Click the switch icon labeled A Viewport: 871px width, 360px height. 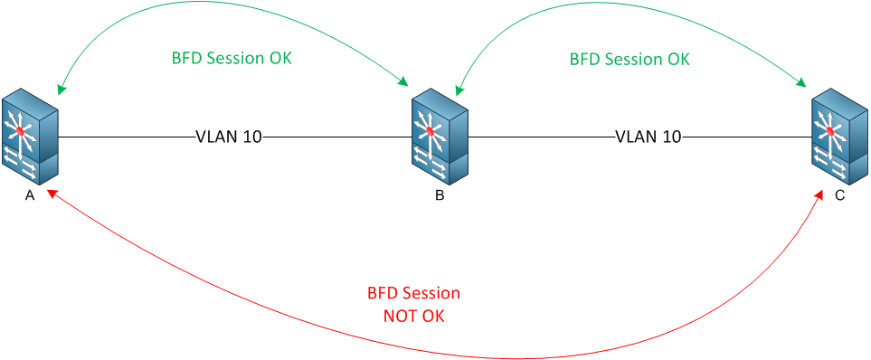click(x=30, y=137)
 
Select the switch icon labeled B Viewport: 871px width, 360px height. click(x=440, y=137)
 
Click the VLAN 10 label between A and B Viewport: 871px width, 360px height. click(x=229, y=137)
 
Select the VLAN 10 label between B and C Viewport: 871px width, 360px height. click(x=649, y=137)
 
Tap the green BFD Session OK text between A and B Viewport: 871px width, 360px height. click(x=232, y=57)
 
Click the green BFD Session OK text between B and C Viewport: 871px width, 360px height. click(x=630, y=59)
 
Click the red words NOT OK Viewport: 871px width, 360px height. click(x=413, y=317)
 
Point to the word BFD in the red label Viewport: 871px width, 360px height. click(x=382, y=294)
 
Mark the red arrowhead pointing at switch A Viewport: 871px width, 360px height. click(x=52, y=194)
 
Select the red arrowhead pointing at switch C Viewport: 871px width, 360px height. click(x=820, y=194)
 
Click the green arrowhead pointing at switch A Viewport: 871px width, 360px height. click(x=61, y=90)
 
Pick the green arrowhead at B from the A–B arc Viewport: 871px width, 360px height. click(x=404, y=85)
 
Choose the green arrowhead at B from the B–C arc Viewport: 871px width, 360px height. click(x=459, y=90)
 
